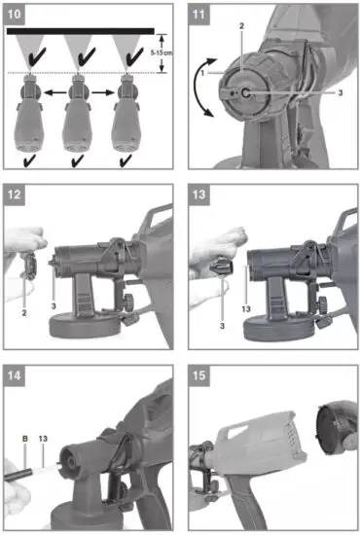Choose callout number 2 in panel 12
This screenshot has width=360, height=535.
pos(21,313)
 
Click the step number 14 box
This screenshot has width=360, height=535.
pos(16,374)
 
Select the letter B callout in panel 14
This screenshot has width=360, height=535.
pos(23,439)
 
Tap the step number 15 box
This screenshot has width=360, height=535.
pos(198,374)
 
